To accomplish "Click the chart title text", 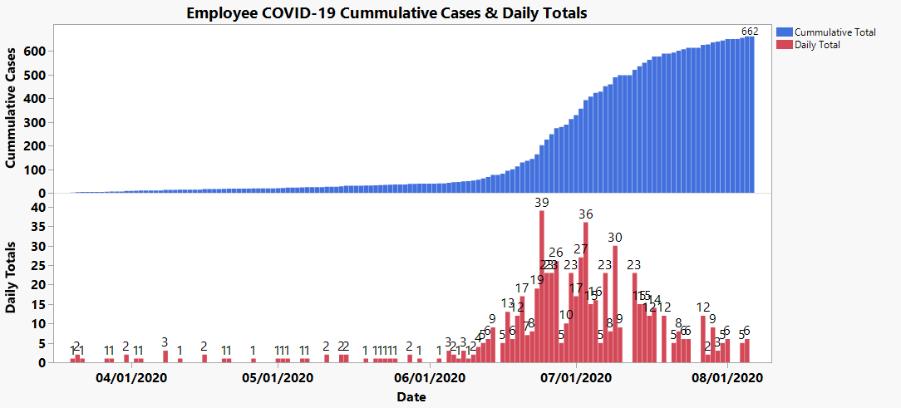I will point(386,13).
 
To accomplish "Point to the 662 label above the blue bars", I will point(750,32).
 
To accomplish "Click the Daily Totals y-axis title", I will point(11,278).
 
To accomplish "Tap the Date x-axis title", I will point(411,397).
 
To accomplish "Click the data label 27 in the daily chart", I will point(581,248).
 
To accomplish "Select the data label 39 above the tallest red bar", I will point(542,203).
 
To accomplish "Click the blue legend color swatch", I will point(784,32).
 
